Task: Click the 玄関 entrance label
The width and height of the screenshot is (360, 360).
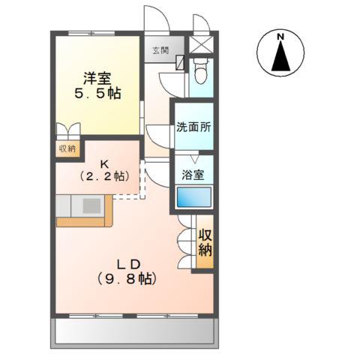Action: tap(160, 50)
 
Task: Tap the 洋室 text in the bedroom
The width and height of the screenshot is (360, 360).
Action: tap(97, 79)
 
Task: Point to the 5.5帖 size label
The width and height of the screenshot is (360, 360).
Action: tap(97, 94)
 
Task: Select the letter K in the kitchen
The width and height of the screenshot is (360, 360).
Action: tap(104, 165)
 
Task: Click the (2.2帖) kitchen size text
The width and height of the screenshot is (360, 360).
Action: tap(104, 177)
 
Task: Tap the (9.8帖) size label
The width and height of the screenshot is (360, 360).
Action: tap(127, 279)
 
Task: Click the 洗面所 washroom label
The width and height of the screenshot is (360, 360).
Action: tap(193, 127)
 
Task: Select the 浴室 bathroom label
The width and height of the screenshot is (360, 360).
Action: tap(193, 175)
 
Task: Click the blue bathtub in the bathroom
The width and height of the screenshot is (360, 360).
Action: tap(194, 197)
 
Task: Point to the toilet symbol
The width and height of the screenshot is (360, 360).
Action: tap(201, 71)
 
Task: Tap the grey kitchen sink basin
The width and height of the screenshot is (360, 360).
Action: tap(91, 205)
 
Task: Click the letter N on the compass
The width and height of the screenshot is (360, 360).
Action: tap(280, 37)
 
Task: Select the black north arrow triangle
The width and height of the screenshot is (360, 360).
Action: tap(280, 56)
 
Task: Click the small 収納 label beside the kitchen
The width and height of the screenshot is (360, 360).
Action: tap(67, 148)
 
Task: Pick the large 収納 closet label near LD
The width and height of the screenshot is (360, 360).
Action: tap(205, 242)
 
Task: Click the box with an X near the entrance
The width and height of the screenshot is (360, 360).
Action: tap(201, 44)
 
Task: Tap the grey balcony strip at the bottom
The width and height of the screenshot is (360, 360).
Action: tap(134, 331)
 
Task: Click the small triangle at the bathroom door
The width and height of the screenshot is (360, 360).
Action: tap(194, 159)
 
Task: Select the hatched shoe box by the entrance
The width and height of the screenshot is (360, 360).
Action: tap(180, 62)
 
